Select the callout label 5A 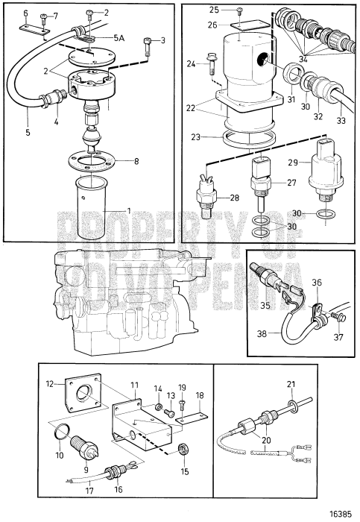click(x=119, y=38)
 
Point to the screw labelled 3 click(x=148, y=45)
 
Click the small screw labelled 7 click(x=43, y=19)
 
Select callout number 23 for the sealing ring click(x=195, y=136)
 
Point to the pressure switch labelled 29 click(x=325, y=177)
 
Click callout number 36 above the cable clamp click(x=317, y=283)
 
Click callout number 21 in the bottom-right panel click(x=291, y=384)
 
